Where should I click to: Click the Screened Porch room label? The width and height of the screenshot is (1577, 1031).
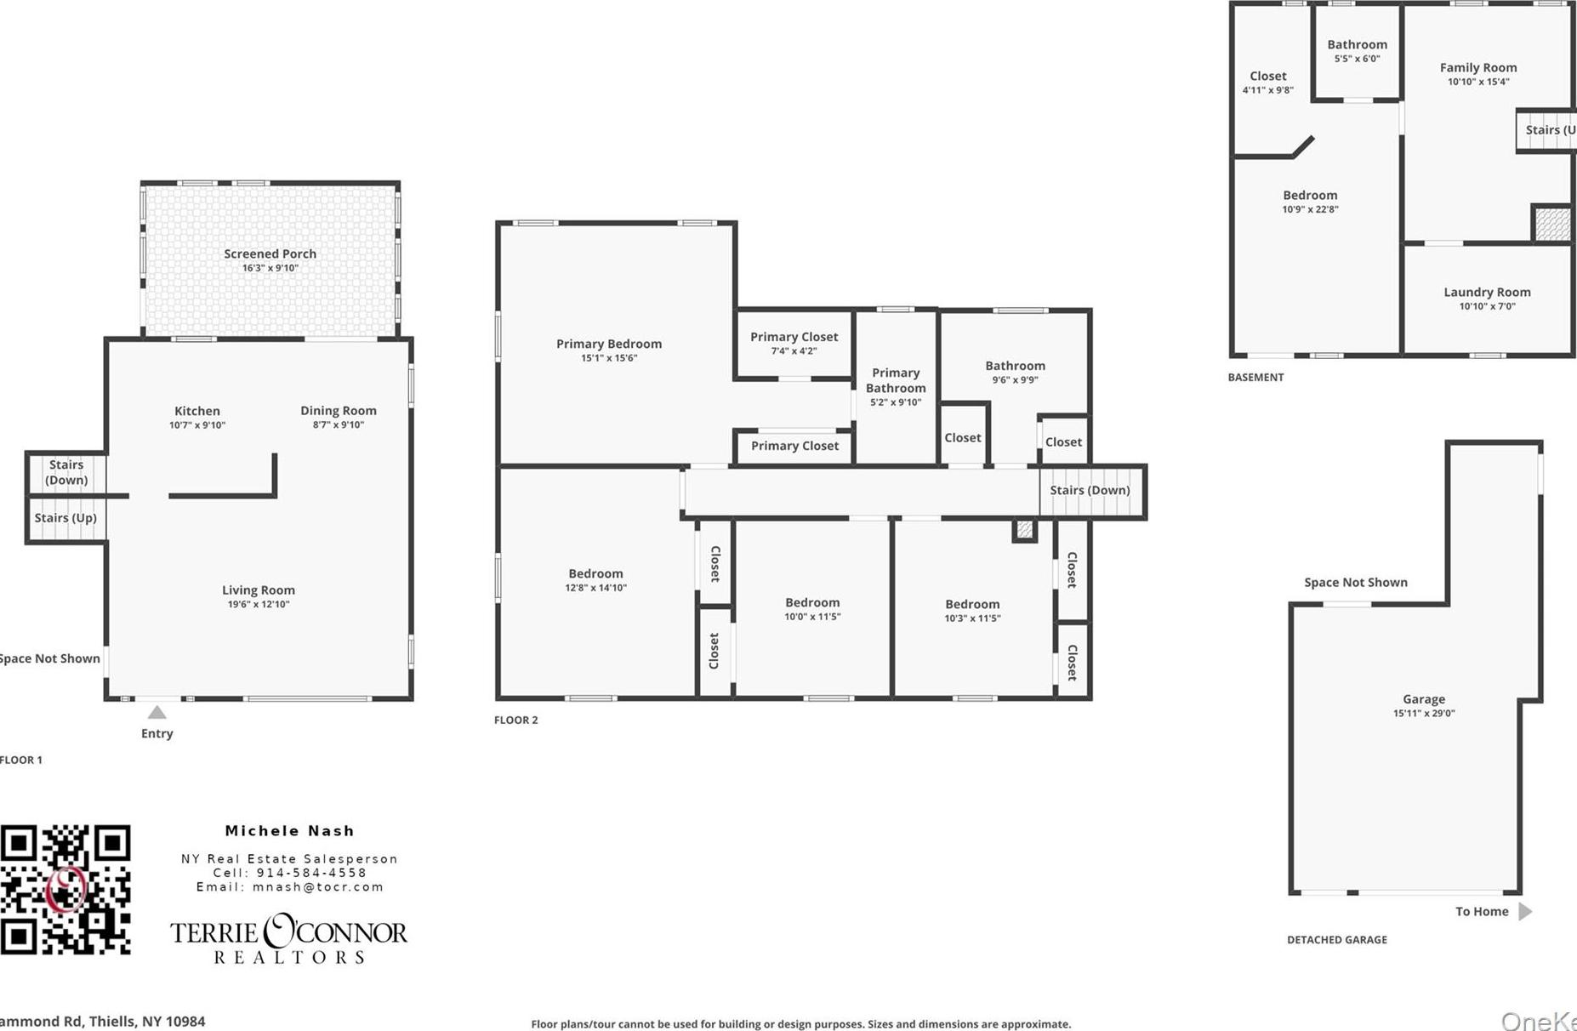click(x=270, y=253)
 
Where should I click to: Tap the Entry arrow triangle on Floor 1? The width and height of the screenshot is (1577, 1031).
click(x=157, y=713)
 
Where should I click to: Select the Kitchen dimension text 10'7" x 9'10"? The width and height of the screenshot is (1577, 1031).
click(x=197, y=425)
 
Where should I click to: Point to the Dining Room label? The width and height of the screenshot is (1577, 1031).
click(x=338, y=411)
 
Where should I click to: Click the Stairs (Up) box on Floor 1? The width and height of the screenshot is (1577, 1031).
click(x=65, y=518)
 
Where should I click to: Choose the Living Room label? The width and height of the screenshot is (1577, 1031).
click(x=258, y=590)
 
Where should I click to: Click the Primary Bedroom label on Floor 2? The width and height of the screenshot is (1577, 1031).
click(x=608, y=344)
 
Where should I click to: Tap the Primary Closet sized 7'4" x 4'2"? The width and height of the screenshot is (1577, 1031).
click(x=794, y=338)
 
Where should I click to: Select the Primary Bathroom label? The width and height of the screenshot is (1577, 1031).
click(x=896, y=380)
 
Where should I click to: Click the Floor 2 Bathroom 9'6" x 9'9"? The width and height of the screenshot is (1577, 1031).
click(x=1015, y=367)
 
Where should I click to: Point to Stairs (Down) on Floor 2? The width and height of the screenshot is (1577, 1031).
click(x=1090, y=491)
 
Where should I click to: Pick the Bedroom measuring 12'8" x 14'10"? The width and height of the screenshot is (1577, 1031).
click(x=595, y=574)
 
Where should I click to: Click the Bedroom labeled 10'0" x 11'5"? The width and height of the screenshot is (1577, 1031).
click(x=812, y=603)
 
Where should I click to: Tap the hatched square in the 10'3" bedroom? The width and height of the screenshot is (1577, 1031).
click(x=1025, y=531)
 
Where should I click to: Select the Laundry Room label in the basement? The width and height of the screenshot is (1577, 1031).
click(x=1486, y=293)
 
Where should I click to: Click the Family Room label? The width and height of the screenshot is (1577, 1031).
click(x=1477, y=68)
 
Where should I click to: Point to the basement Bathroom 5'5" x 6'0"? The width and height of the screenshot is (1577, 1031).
click(x=1357, y=45)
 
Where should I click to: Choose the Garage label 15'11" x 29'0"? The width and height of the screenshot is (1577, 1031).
click(x=1423, y=700)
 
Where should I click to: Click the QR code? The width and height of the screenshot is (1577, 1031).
click(x=65, y=889)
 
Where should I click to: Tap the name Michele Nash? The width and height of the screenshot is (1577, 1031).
click(x=289, y=831)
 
